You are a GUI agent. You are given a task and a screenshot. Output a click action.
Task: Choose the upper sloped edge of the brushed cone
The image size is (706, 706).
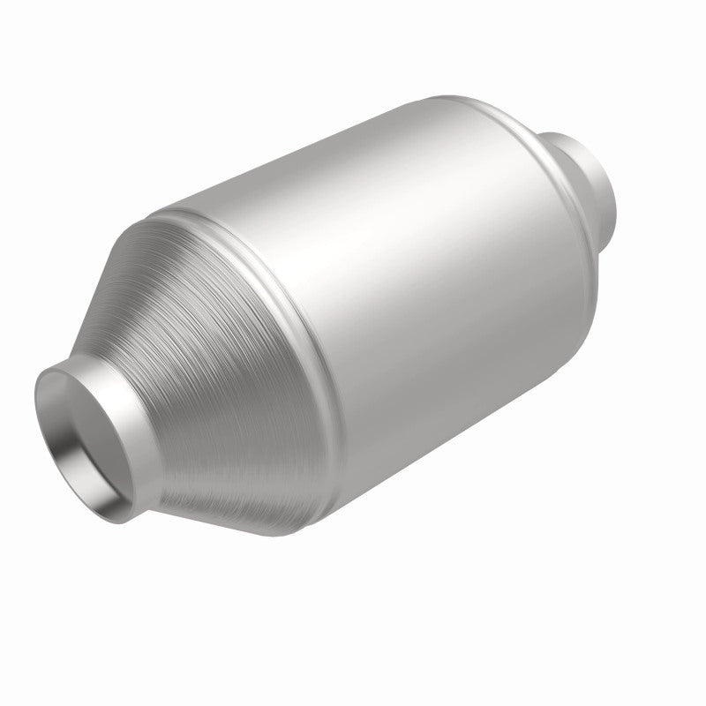pyautogui.click(x=132, y=265)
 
